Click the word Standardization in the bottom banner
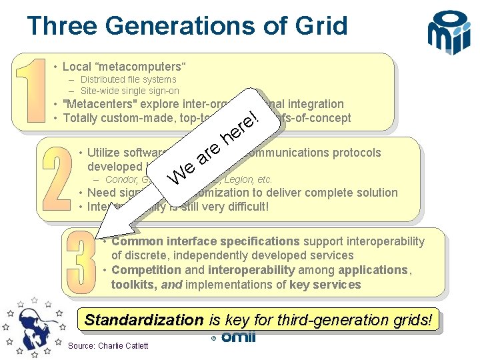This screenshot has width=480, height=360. click(x=143, y=319)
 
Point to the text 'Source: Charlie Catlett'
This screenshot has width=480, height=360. click(x=108, y=345)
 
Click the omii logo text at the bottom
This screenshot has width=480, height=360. click(x=238, y=337)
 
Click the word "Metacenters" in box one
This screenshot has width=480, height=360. click(x=93, y=104)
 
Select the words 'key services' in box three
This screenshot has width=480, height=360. click(x=325, y=285)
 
